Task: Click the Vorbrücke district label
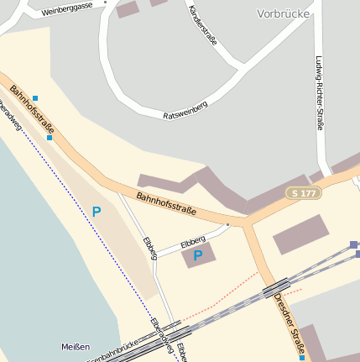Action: click(x=284, y=13)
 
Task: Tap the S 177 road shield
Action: click(x=303, y=193)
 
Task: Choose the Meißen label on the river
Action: click(x=76, y=347)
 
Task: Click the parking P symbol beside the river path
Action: click(x=97, y=212)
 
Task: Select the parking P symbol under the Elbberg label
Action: click(x=198, y=255)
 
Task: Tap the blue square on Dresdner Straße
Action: click(x=302, y=358)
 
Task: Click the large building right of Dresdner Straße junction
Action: click(x=300, y=234)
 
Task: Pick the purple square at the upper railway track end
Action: click(x=353, y=244)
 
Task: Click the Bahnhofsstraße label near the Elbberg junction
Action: click(x=165, y=203)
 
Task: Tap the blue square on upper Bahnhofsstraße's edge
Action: click(x=50, y=138)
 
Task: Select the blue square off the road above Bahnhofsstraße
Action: click(x=35, y=98)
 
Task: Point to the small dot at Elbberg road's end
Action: click(x=227, y=225)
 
